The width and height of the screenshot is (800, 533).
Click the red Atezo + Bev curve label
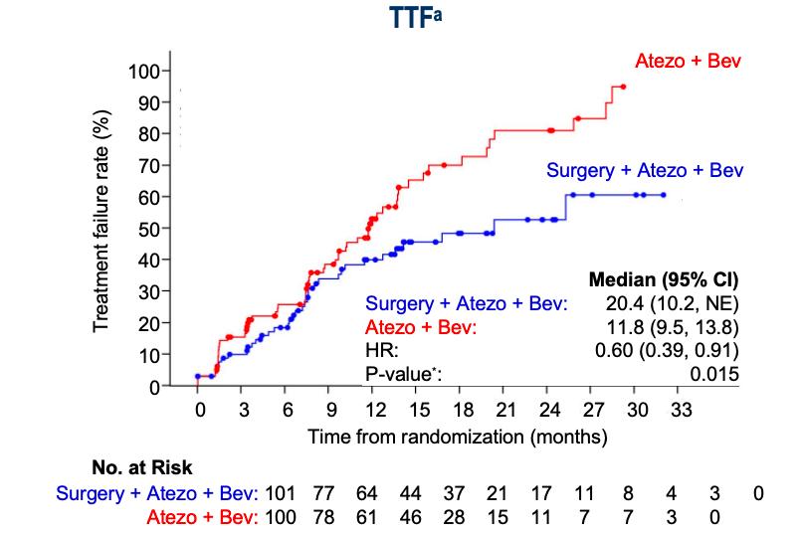[688, 63]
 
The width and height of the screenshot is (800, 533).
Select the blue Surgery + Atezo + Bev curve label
[645, 170]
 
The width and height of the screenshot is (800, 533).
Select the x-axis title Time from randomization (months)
[457, 436]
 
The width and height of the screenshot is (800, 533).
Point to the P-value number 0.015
[716, 375]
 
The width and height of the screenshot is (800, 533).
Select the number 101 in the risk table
[284, 492]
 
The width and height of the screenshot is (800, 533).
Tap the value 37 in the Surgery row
[456, 492]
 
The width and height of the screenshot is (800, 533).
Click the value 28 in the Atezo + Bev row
[456, 517]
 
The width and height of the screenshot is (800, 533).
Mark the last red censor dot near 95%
[623, 87]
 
